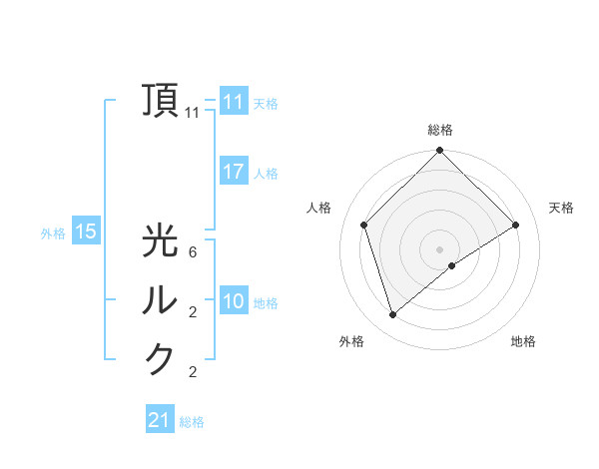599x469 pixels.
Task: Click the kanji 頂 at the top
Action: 161,100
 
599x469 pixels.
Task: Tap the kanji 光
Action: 161,242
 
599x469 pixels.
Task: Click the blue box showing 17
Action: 234,172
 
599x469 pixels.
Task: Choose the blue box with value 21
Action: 160,420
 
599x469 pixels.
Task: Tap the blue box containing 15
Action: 86,233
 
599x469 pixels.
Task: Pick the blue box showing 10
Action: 234,301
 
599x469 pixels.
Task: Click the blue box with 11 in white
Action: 234,102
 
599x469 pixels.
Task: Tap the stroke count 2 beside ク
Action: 193,372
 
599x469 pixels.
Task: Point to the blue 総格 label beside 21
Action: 192,422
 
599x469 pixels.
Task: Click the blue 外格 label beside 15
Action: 53,234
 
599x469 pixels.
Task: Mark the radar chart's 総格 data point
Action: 439,152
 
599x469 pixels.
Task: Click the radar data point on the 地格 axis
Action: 452,265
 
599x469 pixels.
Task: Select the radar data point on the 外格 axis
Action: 393,315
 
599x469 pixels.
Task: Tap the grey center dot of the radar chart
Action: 439,248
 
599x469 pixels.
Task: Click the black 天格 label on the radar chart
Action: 561,208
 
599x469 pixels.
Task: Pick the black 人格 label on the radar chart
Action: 318,208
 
